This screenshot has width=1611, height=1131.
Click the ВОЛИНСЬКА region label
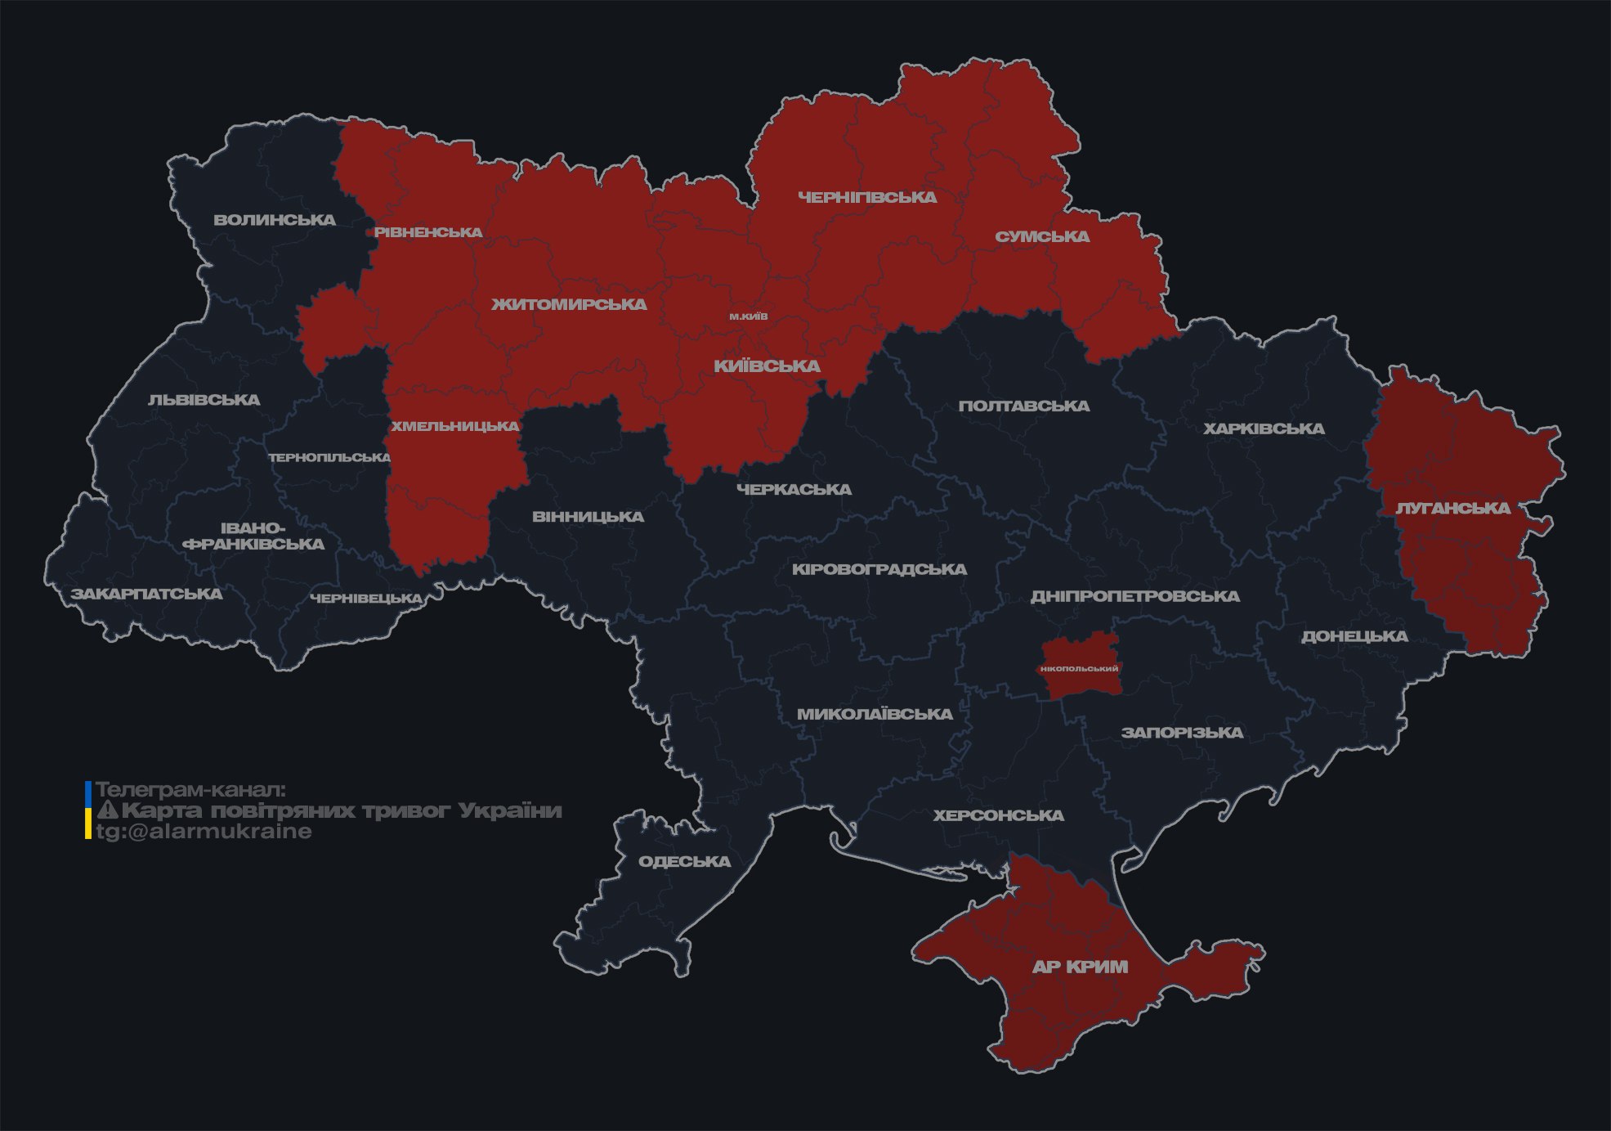pos(275,220)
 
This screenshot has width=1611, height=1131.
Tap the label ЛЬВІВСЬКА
pos(204,400)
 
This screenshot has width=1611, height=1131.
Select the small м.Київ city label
pos(749,316)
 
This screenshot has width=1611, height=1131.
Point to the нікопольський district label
pos(1079,669)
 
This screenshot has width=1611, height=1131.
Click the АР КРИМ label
pos(1080,967)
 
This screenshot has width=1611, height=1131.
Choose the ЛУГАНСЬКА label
pos(1452,508)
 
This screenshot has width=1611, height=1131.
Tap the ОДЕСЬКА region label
pos(684,861)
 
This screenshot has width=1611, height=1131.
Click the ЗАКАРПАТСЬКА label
pos(146,594)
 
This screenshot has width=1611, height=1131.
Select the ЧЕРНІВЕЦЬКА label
pos(366,599)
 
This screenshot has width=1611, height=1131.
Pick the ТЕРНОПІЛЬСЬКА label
pos(329,457)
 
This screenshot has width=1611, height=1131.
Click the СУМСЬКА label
pos(1042,237)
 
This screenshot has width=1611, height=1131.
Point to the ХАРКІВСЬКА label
pos(1264,429)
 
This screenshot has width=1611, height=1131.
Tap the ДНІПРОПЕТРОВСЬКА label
pos(1134,596)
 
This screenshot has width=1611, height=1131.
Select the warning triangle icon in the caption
pos(108,810)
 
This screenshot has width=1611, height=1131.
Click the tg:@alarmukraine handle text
pos(204,832)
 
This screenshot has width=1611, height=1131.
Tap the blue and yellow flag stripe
pos(88,810)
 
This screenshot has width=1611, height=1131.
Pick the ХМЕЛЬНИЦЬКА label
pos(454,426)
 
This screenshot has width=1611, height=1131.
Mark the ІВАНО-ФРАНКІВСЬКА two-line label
pos(253,536)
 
